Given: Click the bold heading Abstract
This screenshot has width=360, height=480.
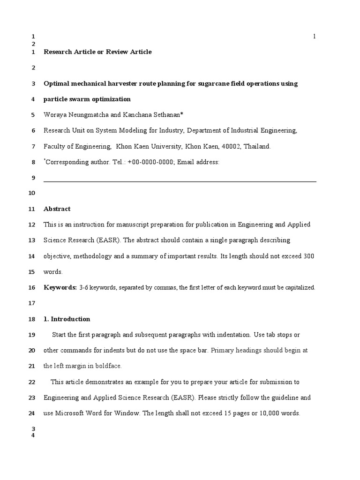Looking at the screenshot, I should click(x=57, y=209).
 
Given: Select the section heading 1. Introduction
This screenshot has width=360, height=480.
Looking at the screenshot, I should click(x=67, y=319).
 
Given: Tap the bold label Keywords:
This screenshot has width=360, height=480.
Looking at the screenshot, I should click(x=60, y=287).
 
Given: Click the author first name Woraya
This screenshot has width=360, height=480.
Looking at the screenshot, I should click(x=55, y=115).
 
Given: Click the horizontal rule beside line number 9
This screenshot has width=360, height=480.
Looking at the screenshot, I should click(x=180, y=181).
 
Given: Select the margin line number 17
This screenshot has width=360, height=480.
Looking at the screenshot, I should click(x=32, y=303).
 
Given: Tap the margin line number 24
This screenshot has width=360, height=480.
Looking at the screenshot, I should click(x=32, y=413).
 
